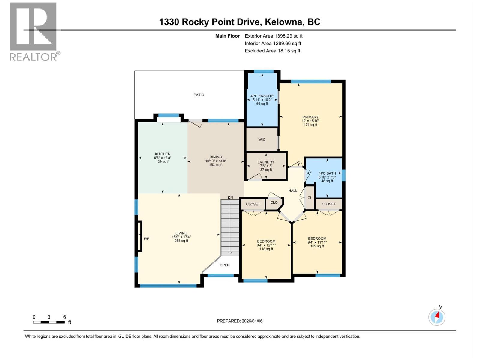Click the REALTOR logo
(x=33, y=31)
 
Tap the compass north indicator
(x=437, y=317)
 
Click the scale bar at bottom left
(x=49, y=322)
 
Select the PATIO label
(x=199, y=95)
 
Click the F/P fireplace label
(x=147, y=239)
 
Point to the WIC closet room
(x=262, y=139)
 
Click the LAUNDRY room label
(x=266, y=162)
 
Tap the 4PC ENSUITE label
(x=262, y=96)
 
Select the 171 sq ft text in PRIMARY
(x=310, y=124)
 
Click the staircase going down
(x=230, y=228)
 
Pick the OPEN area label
(x=225, y=265)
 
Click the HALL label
(x=293, y=190)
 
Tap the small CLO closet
(x=274, y=202)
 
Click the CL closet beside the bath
(x=310, y=198)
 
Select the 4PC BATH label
(x=327, y=173)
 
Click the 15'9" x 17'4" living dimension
(x=181, y=237)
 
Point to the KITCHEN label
(x=163, y=154)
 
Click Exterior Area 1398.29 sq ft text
(x=274, y=36)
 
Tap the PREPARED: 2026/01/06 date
(x=240, y=321)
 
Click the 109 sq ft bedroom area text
(x=317, y=246)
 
